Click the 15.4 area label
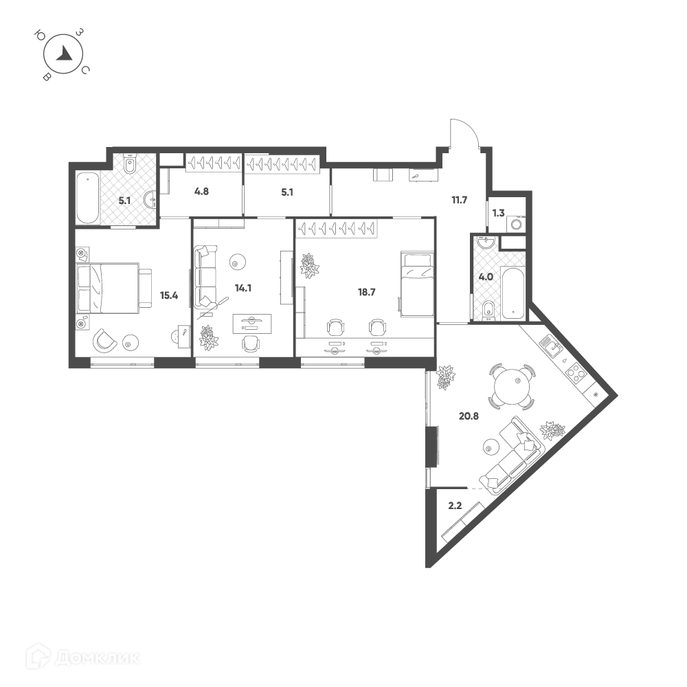[x=169, y=295]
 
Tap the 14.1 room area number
[x=243, y=289]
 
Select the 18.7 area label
[x=366, y=292]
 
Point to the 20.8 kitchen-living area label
[x=469, y=416]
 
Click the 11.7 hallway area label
[x=460, y=200]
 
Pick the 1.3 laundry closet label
[x=499, y=213]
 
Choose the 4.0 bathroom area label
[x=486, y=277]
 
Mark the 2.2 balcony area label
[x=455, y=506]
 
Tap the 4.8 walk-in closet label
[x=201, y=192]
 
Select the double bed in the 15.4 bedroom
[x=114, y=288]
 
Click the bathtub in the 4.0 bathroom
[x=513, y=292]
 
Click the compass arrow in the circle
[x=65, y=54]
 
